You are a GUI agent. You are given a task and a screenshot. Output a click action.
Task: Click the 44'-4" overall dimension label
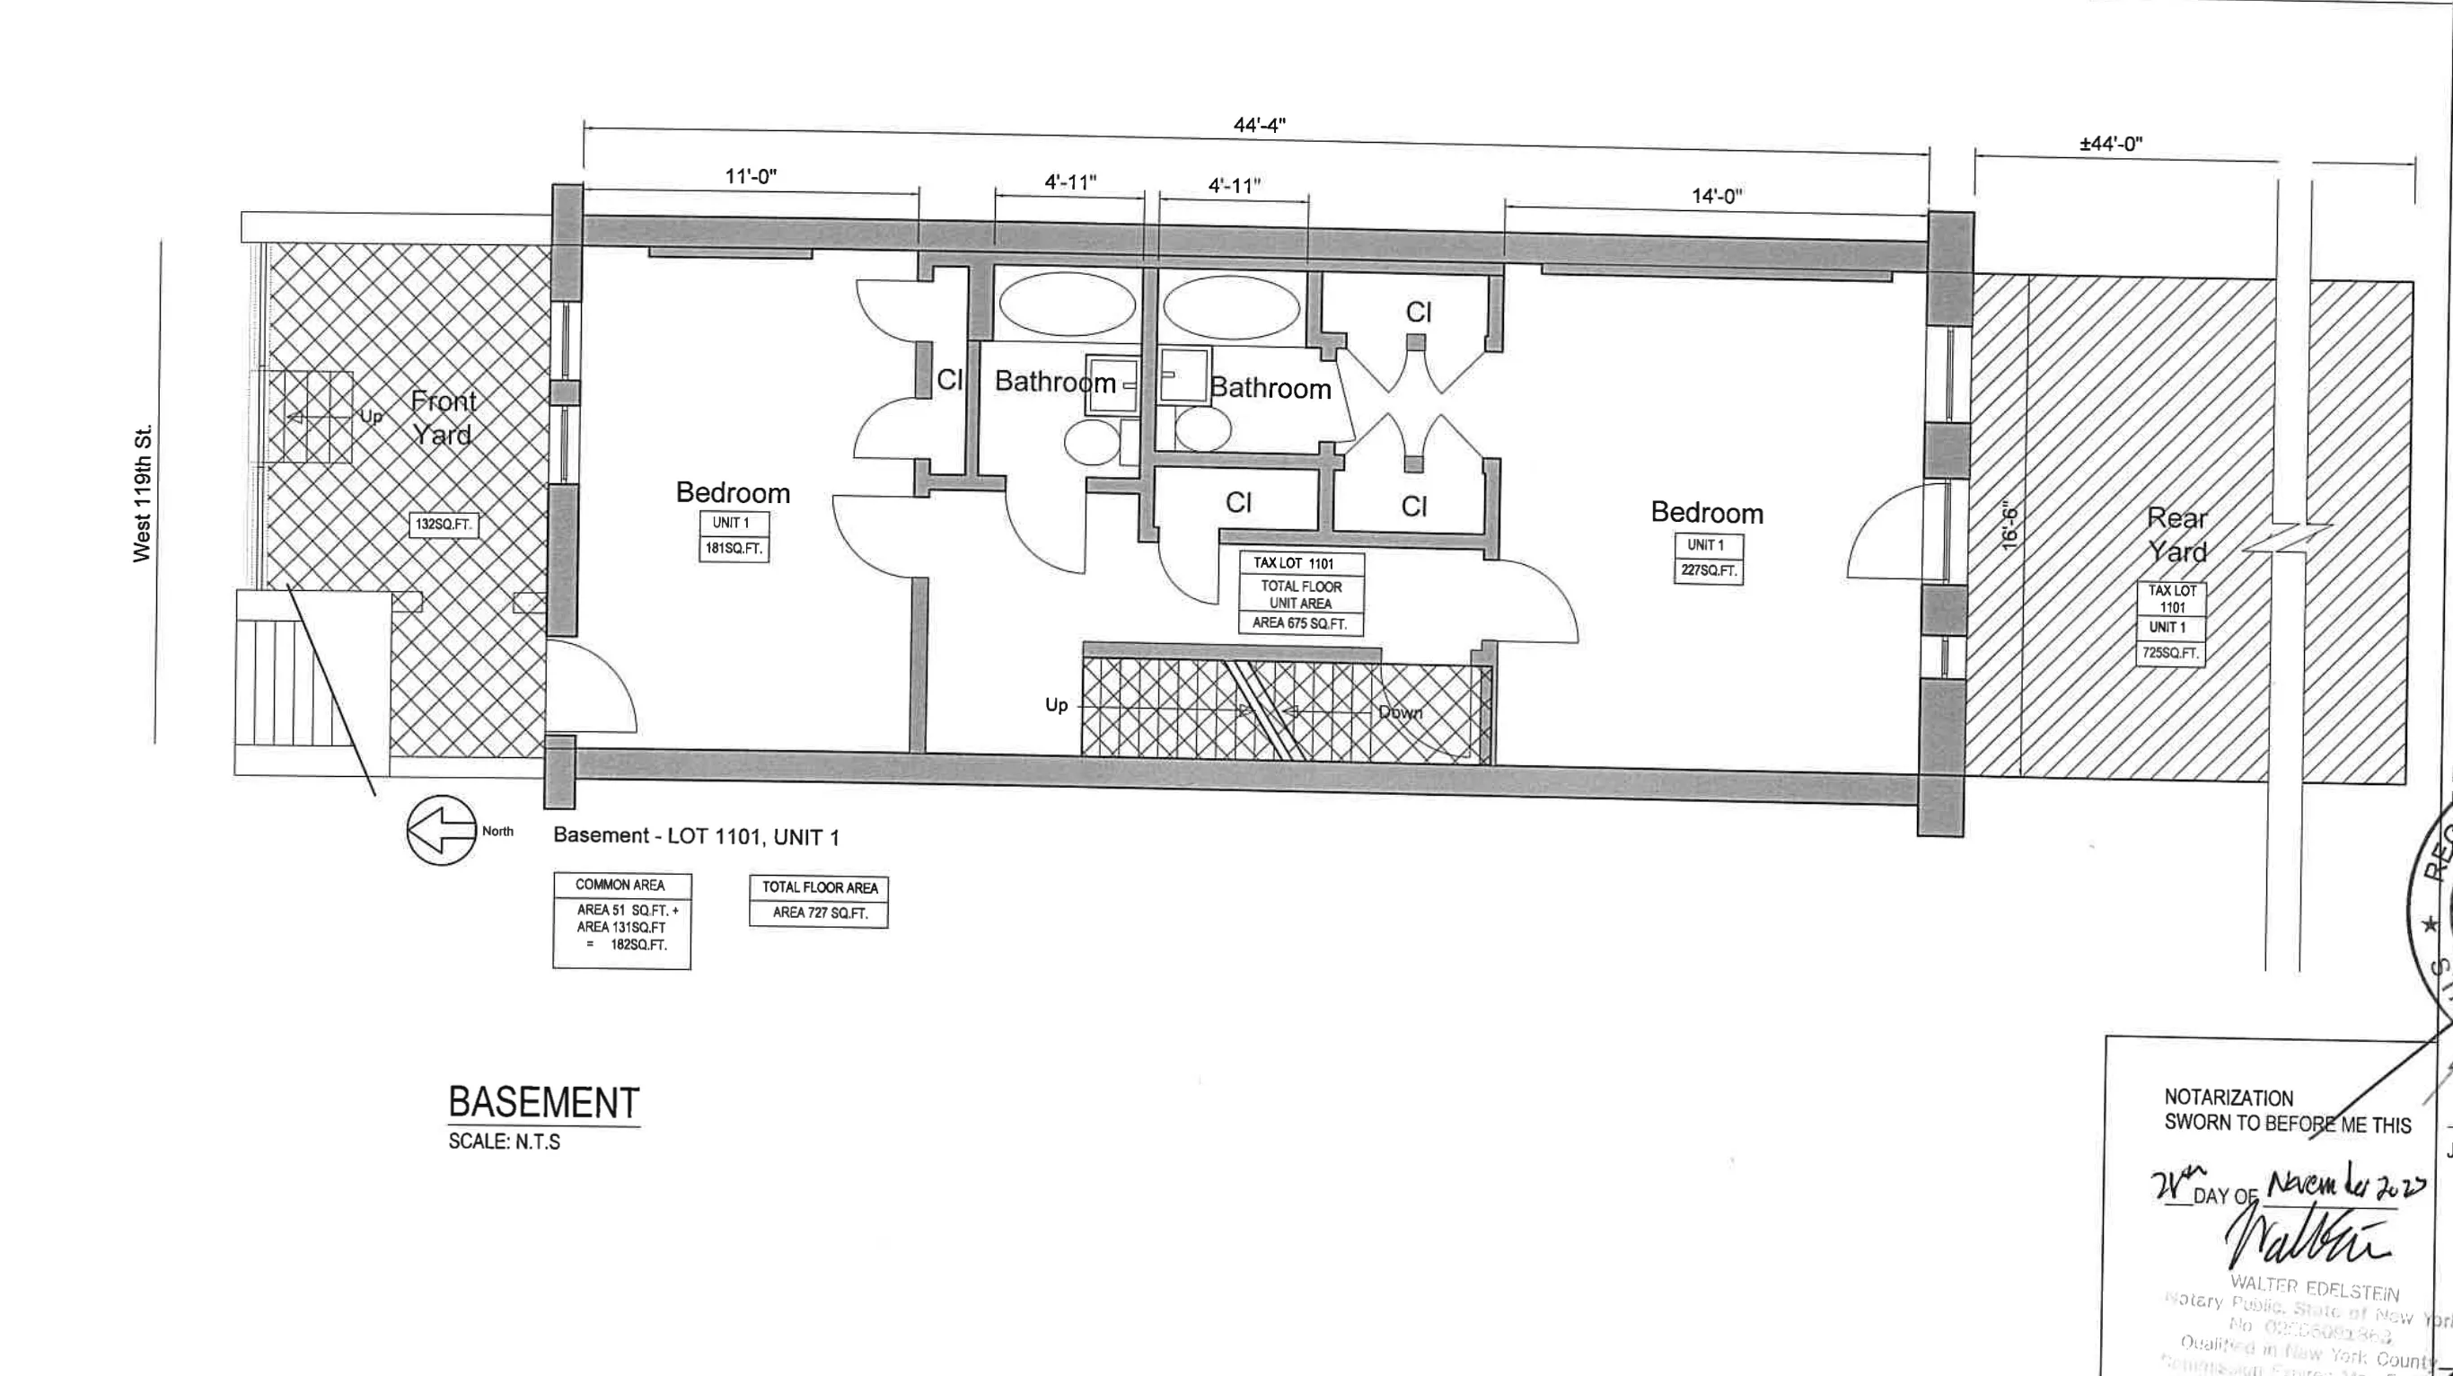pos(1259,125)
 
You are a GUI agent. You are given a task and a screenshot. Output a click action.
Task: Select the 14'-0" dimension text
pos(1716,196)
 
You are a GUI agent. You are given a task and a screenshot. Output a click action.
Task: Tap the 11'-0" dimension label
pos(751,176)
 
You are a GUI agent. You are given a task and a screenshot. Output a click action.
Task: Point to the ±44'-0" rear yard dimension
pos(2110,144)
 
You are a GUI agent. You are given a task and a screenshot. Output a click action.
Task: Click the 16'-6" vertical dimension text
pos(2009,525)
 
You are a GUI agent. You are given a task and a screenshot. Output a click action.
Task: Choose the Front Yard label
pos(443,418)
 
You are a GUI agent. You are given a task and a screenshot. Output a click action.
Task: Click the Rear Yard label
pos(2176,535)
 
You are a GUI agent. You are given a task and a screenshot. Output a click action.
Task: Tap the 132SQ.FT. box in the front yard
pos(443,525)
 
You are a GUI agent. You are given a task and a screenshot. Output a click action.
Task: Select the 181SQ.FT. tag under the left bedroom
pos(734,549)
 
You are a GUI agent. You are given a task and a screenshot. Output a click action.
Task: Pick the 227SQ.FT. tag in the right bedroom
pos(1709,570)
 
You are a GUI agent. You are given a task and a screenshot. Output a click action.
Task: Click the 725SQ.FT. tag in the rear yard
pos(2170,653)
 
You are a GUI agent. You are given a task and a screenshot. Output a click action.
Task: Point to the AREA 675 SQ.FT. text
pos(1299,623)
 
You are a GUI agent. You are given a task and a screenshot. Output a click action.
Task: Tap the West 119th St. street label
pos(143,493)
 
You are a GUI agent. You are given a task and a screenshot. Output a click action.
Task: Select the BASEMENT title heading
pos(544,1103)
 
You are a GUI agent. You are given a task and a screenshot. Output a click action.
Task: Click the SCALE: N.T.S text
pos(504,1142)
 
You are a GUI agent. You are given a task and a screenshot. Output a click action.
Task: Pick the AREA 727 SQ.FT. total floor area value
pos(819,913)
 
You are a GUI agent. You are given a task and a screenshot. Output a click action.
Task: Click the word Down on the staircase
pos(1400,712)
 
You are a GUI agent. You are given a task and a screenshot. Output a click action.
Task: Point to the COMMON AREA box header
pos(620,885)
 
